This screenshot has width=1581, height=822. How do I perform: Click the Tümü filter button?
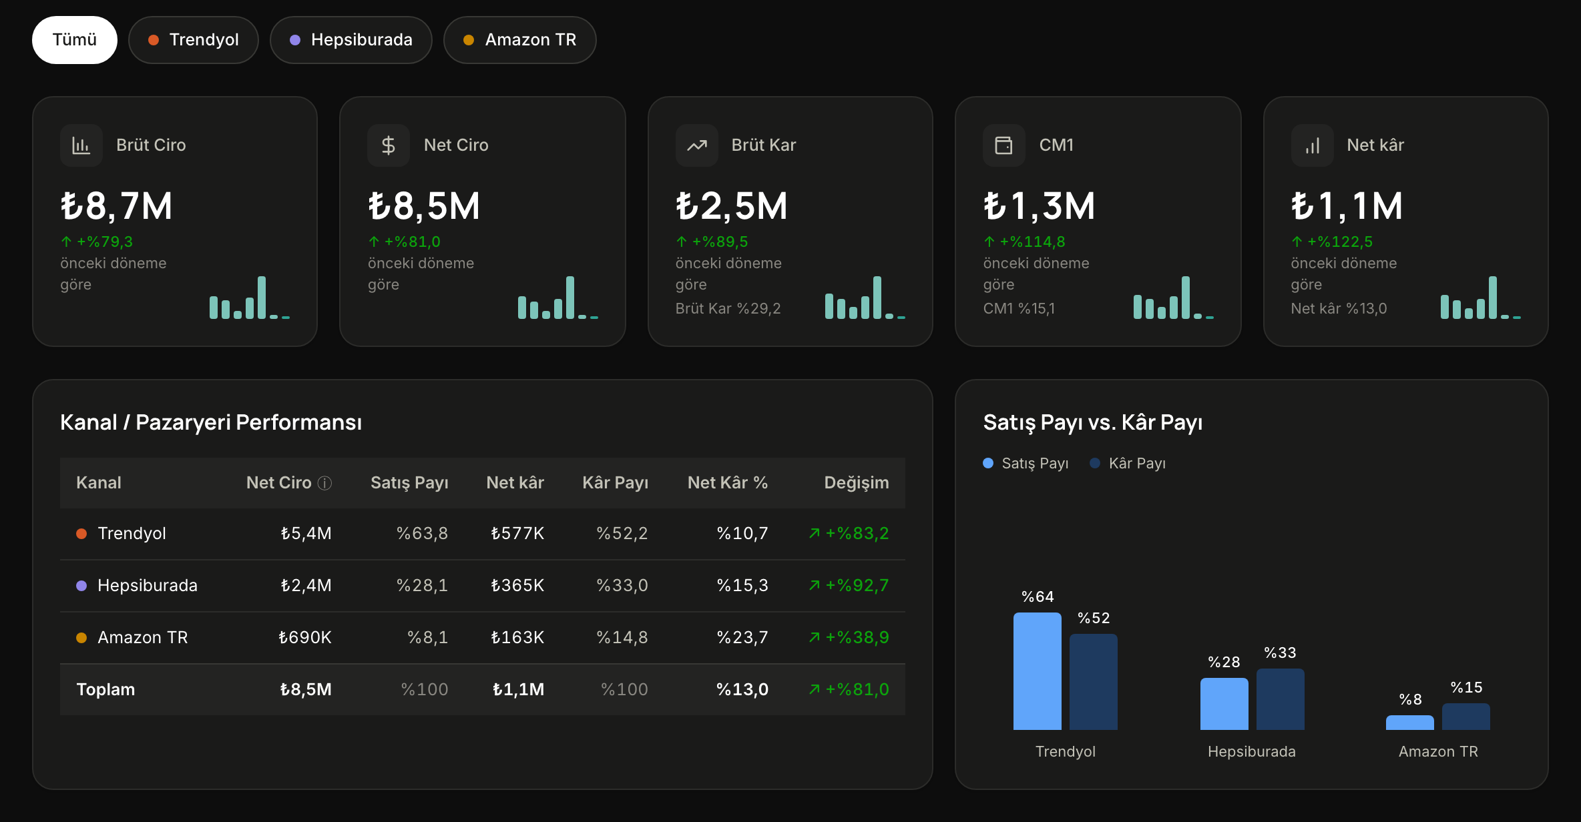pyautogui.click(x=75, y=40)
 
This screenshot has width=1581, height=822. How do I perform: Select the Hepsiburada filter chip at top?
pyautogui.click(x=351, y=40)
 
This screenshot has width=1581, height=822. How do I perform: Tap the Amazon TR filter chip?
pyautogui.click(x=519, y=40)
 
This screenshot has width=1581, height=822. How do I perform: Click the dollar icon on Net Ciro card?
pyautogui.click(x=389, y=145)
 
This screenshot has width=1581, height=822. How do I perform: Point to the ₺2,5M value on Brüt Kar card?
pyautogui.click(x=732, y=206)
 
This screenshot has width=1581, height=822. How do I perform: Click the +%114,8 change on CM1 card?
pyautogui.click(x=1025, y=242)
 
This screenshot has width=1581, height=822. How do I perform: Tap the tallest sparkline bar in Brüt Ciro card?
pyautogui.click(x=262, y=298)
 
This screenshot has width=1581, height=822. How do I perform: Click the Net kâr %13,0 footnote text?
pyautogui.click(x=1339, y=308)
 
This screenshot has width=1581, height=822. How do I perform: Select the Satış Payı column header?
pyautogui.click(x=409, y=482)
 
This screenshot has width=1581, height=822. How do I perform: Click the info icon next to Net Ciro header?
pyautogui.click(x=324, y=483)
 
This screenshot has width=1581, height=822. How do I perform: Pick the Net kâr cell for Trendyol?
pyautogui.click(x=517, y=533)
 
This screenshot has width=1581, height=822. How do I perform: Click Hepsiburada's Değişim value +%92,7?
pyautogui.click(x=849, y=585)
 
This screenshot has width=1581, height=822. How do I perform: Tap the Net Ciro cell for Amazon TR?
pyautogui.click(x=305, y=637)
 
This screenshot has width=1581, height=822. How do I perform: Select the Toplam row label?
pyautogui.click(x=105, y=689)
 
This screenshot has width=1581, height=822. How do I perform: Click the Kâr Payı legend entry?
pyautogui.click(x=1128, y=463)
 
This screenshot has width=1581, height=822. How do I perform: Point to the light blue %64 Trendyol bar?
pyautogui.click(x=1038, y=671)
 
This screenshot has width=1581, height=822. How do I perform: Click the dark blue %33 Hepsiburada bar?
pyautogui.click(x=1281, y=699)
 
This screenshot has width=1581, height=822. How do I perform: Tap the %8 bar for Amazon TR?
pyautogui.click(x=1410, y=722)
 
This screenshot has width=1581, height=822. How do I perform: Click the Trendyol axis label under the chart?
pyautogui.click(x=1066, y=751)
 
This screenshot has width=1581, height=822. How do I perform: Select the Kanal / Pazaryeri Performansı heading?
pyautogui.click(x=211, y=422)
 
